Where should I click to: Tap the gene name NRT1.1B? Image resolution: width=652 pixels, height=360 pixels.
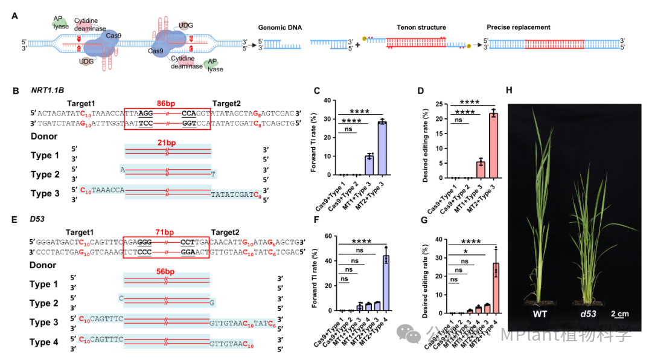click(x=48, y=91)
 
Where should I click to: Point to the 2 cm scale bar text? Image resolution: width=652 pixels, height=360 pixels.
click(x=618, y=314)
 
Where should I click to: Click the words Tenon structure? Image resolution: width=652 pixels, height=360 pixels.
click(x=421, y=28)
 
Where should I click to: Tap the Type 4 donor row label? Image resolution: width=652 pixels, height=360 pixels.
click(x=45, y=342)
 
